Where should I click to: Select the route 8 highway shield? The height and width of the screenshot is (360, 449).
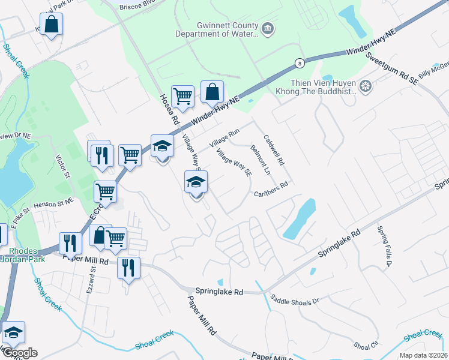298,62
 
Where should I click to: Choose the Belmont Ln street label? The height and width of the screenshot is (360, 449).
261,160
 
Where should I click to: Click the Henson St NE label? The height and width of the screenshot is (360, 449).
53,204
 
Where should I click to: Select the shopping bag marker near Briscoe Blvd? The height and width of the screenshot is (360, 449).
52,25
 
